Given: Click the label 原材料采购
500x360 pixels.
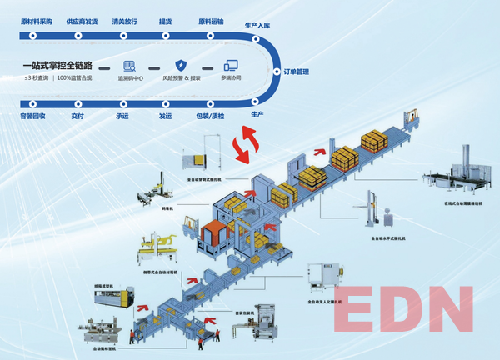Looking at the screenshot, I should (x=36, y=22).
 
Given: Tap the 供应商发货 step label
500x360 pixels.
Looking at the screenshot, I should (x=80, y=22).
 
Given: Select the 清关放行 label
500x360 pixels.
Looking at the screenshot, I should (x=124, y=22).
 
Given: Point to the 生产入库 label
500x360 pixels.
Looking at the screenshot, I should (x=257, y=27).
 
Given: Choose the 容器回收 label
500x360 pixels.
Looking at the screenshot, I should (x=33, y=117).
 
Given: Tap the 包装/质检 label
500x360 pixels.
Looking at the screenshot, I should (x=209, y=117).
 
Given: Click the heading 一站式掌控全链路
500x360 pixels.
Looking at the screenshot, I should (x=58, y=65).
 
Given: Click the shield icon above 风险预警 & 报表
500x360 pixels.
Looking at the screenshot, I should (x=181, y=65).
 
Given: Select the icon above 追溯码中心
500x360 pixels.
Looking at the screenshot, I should (x=129, y=65).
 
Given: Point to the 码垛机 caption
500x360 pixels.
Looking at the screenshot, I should (x=152, y=211).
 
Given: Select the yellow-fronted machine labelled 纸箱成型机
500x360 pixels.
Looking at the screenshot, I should (x=113, y=299).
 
